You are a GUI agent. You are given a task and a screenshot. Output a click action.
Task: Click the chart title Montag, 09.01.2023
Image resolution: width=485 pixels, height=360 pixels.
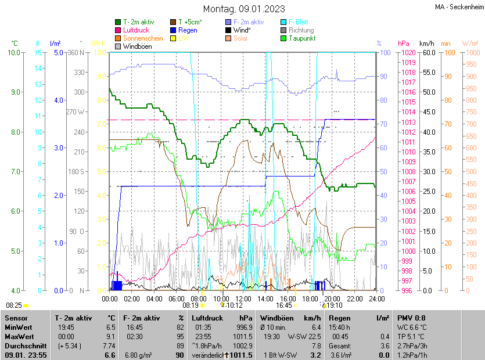(244, 9)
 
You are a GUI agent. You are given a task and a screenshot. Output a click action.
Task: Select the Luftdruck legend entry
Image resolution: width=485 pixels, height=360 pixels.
(136, 30)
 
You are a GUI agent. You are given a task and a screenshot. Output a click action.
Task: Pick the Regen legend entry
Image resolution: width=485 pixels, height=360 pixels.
(188, 30)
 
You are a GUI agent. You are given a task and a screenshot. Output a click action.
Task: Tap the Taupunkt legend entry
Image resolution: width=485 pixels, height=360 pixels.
(302, 38)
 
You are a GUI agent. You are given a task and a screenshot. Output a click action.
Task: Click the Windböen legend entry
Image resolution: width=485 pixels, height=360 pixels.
(138, 46)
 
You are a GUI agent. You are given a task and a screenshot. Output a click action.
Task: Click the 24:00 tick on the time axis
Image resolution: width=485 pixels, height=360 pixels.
(377, 298)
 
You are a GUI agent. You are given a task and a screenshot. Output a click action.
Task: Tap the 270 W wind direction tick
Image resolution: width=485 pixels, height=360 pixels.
(76, 112)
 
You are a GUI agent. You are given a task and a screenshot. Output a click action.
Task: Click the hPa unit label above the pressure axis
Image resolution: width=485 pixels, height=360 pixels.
(404, 44)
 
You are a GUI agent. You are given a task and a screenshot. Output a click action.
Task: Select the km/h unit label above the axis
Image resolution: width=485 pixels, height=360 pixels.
(427, 44)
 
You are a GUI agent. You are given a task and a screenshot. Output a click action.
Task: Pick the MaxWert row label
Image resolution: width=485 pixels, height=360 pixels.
(20, 336)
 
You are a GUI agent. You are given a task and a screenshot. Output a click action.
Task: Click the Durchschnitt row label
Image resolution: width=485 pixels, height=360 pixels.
(24, 345)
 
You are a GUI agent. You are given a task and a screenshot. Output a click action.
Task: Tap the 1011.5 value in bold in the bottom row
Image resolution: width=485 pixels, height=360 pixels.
(241, 355)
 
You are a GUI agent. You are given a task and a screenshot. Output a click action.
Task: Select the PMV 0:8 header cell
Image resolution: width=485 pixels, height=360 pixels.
(412, 318)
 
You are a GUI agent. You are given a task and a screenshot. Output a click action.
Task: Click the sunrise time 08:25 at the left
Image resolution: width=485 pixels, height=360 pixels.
(14, 305)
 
